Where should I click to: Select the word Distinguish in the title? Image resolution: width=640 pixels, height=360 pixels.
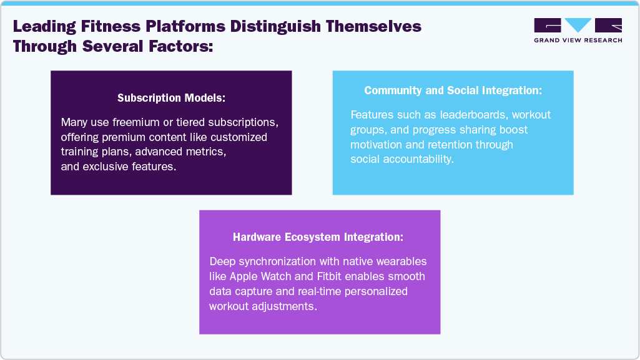pyautogui.click(x=275, y=27)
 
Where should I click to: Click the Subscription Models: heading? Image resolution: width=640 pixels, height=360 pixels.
pyautogui.click(x=172, y=98)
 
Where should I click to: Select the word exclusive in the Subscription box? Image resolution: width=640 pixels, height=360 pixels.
pyautogui.click(x=105, y=167)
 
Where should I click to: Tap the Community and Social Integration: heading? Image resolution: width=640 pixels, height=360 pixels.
pyautogui.click(x=453, y=90)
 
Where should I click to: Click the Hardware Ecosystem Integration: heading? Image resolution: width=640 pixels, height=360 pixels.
pyautogui.click(x=318, y=237)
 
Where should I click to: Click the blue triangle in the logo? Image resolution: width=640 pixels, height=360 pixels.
pyautogui.click(x=578, y=24)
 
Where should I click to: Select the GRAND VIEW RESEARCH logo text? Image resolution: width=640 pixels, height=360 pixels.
pyautogui.click(x=578, y=41)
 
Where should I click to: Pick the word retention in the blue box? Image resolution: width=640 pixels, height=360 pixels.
pyautogui.click(x=447, y=145)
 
